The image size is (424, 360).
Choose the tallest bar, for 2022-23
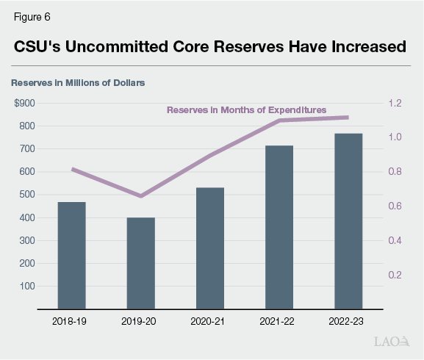(348, 220)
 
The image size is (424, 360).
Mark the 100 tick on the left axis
(26, 287)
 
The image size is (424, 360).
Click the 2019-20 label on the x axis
(141, 321)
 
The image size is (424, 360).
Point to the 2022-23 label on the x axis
(348, 321)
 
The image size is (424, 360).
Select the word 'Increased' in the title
(360, 47)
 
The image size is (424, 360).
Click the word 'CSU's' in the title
(42, 47)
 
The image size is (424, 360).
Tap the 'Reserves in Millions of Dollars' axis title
(78, 82)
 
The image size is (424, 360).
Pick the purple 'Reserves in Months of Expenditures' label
(246, 109)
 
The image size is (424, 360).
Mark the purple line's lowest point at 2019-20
(141, 196)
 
